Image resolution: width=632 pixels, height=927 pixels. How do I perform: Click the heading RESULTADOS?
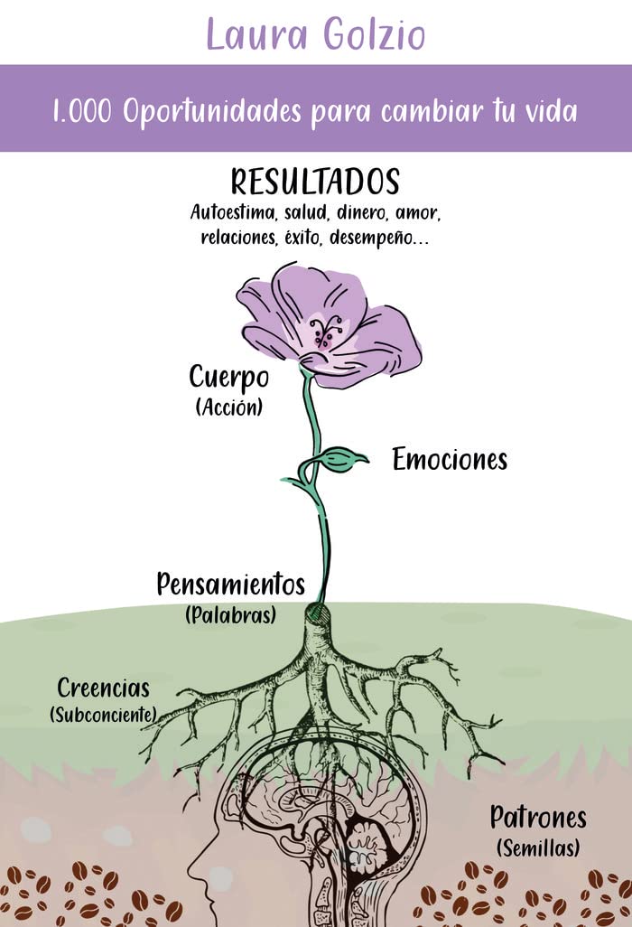[x=315, y=182]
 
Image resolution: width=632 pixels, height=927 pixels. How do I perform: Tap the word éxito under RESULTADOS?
[x=313, y=239]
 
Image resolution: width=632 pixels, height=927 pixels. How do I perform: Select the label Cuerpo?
[x=228, y=378]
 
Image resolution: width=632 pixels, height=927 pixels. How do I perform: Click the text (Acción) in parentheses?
[x=228, y=407]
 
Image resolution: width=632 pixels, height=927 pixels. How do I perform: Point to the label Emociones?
[x=450, y=460]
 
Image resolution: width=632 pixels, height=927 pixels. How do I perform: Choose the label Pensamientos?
[x=230, y=585]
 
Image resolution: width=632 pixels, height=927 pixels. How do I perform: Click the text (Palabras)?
[x=230, y=615]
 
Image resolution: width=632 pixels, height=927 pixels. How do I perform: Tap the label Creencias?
[x=103, y=688]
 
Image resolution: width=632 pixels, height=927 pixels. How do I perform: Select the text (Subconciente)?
[x=103, y=715]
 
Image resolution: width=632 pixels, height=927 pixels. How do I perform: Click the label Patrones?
[x=538, y=819]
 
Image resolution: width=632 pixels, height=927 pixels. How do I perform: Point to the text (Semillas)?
[x=538, y=848]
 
